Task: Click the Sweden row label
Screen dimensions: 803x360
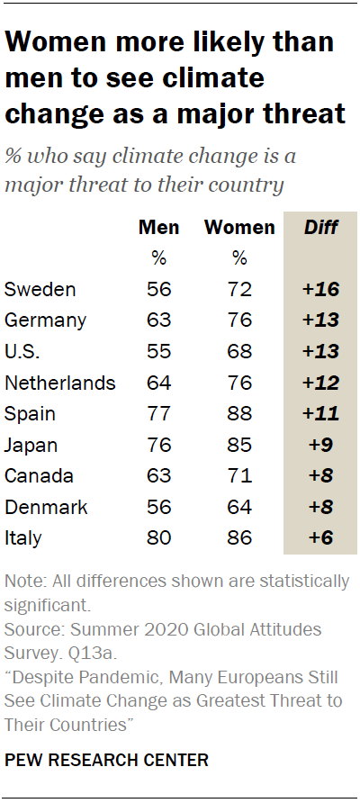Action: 40,289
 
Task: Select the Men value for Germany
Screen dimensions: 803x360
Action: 158,320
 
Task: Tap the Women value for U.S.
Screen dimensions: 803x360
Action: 238,351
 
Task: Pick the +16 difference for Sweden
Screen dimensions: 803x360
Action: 320,289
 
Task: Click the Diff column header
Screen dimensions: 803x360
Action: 320,227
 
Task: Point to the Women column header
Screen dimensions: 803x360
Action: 239,227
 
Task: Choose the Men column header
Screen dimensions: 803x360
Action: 158,227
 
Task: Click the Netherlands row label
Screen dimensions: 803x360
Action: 60,383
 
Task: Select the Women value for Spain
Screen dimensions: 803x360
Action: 238,414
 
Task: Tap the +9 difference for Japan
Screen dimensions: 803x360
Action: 320,445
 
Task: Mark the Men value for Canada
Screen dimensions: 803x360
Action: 158,476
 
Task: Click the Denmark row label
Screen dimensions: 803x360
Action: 46,507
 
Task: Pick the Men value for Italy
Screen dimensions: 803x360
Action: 158,538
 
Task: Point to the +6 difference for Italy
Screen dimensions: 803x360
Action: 320,538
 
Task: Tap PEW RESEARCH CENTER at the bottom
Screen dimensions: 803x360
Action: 106,761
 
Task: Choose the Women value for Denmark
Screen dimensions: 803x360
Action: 238,507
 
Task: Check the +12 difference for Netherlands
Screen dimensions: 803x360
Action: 320,383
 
